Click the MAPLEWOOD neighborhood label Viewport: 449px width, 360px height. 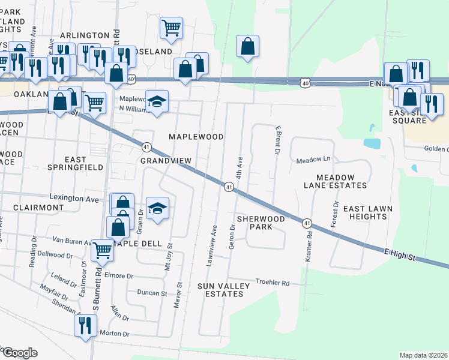tap(196, 137)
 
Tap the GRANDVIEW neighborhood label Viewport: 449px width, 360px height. tap(166, 161)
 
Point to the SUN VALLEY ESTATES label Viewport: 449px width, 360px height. tap(223, 290)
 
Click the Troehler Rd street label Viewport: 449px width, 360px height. tap(273, 282)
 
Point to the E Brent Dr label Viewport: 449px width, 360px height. tap(277, 140)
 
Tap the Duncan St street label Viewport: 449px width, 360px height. tap(151, 293)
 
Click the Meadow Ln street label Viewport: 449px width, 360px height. tap(313, 160)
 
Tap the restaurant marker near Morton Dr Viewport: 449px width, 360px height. tap(85, 326)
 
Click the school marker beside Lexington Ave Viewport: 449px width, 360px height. tap(157, 208)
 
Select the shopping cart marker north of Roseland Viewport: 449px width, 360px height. tap(171, 28)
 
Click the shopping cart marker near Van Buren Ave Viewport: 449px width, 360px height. tap(102, 251)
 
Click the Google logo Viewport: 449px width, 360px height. tap(19, 353)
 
